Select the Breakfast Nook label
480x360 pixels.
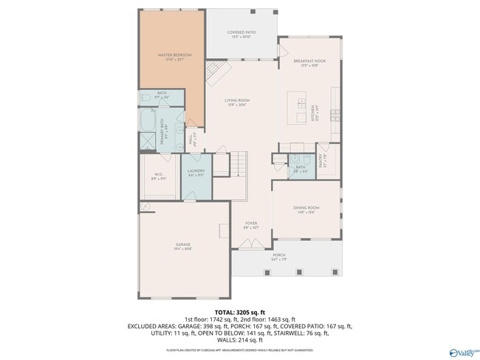305,63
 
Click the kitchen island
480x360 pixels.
301,108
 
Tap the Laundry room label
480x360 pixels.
195,173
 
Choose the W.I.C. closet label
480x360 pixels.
159,175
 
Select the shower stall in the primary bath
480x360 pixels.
148,141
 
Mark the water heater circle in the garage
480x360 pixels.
145,207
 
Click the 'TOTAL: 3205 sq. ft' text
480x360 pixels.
239,311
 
